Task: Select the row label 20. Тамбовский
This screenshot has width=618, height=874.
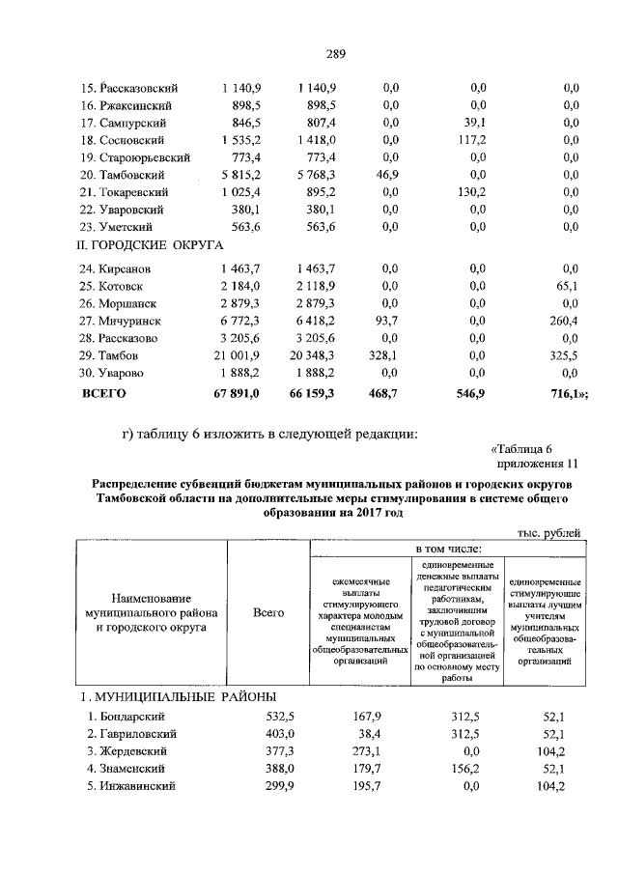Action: [x=127, y=175]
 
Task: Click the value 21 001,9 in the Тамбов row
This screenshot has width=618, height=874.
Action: [x=238, y=355]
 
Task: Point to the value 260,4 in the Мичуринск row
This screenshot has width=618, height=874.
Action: [x=563, y=321]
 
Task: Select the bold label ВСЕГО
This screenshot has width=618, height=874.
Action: [x=103, y=394]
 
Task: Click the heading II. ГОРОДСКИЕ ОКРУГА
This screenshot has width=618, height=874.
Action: [x=151, y=246]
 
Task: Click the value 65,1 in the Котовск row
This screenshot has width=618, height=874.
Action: [x=565, y=286]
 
